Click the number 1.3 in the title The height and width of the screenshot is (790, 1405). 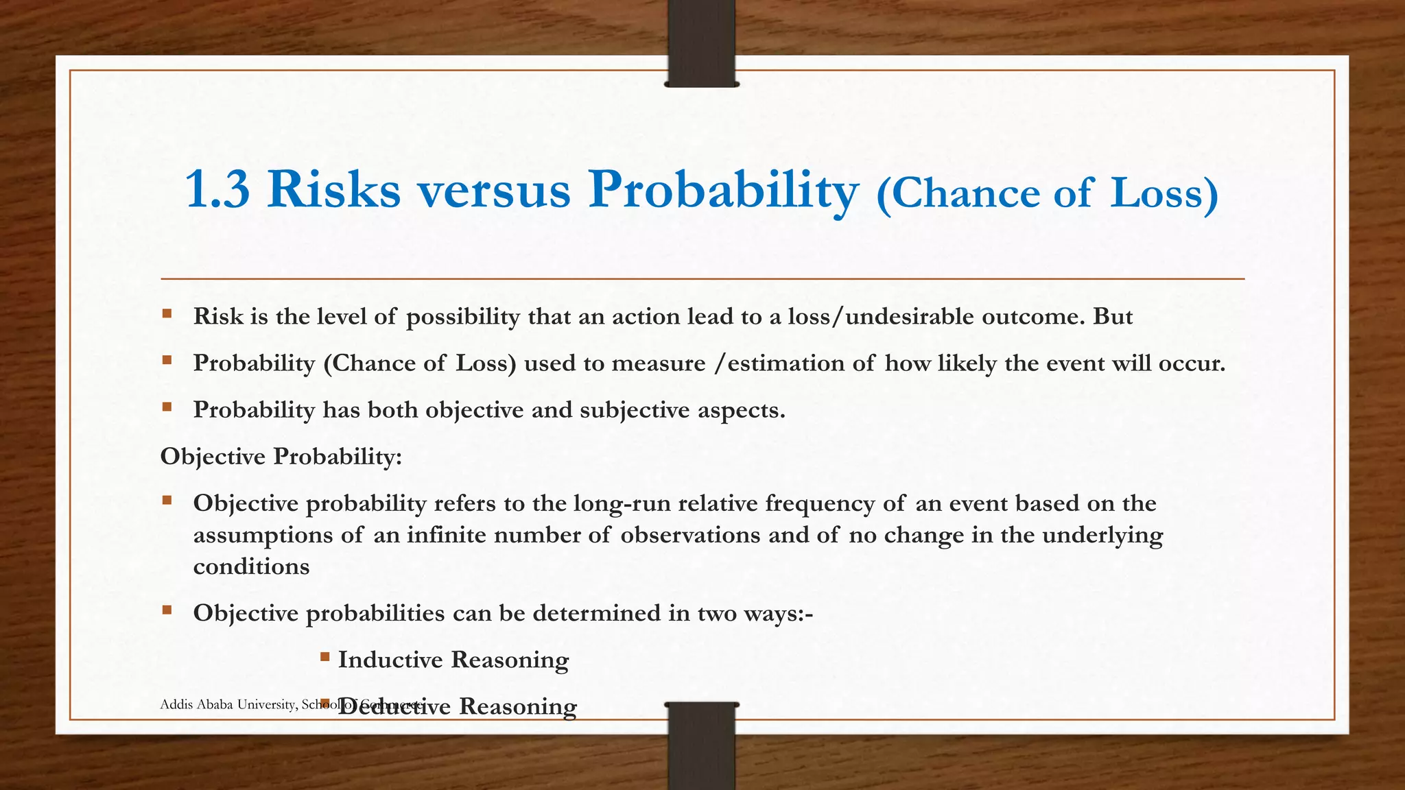pos(217,190)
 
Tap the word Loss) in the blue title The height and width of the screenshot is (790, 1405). pos(1164,193)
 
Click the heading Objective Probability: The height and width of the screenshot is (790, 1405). pos(281,456)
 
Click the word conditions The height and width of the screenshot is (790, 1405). pos(251,566)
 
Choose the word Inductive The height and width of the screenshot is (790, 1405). pos(390,660)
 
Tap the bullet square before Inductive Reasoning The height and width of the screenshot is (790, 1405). pos(324,657)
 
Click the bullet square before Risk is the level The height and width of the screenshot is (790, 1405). pos(167,314)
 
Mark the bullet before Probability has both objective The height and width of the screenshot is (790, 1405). pos(167,407)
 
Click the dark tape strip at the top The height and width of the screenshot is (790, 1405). pos(701,43)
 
